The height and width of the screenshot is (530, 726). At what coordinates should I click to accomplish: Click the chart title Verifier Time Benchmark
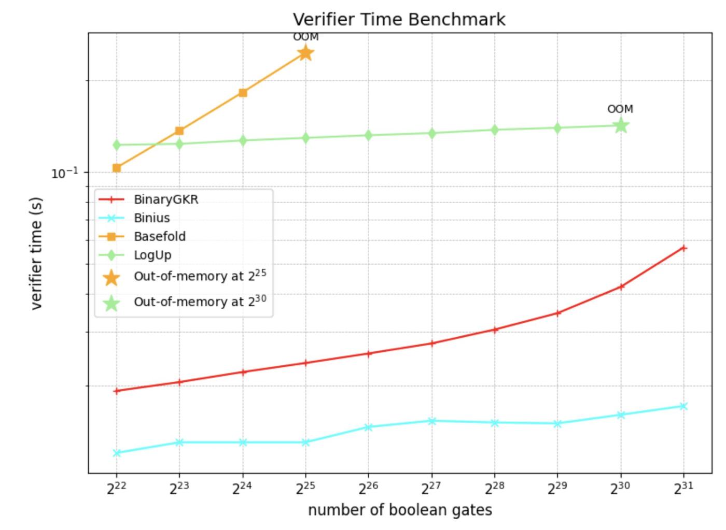click(x=399, y=19)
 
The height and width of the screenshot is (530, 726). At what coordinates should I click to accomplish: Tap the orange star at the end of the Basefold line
click(x=305, y=52)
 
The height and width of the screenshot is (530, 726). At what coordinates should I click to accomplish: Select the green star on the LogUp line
click(x=621, y=125)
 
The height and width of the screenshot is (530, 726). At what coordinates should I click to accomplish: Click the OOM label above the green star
click(x=620, y=109)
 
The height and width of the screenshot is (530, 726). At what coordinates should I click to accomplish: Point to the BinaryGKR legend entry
click(x=166, y=199)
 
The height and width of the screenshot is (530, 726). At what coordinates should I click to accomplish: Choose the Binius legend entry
click(x=151, y=218)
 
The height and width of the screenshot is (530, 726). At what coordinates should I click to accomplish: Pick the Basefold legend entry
click(x=159, y=237)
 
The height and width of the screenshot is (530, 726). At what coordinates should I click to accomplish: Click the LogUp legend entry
click(x=152, y=255)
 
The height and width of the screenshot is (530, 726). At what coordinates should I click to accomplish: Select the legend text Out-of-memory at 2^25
click(x=200, y=276)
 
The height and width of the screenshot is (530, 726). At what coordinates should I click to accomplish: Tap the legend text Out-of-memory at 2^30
click(x=200, y=301)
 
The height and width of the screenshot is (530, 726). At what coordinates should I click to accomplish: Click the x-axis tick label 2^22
click(x=116, y=488)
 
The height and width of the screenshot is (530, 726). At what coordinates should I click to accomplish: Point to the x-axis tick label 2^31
click(x=683, y=488)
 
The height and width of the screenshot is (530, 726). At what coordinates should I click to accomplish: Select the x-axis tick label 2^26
click(x=368, y=488)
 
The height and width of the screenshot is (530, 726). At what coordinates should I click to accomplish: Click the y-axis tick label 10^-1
click(x=64, y=173)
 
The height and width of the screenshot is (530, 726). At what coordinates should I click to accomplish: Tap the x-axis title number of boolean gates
click(x=400, y=510)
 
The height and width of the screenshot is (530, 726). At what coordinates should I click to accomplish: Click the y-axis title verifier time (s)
click(x=36, y=253)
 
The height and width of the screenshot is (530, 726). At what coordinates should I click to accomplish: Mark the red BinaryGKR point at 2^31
click(x=683, y=248)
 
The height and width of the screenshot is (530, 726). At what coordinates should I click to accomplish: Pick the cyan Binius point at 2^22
click(x=117, y=453)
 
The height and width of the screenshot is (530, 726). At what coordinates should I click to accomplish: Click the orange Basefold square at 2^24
click(x=243, y=93)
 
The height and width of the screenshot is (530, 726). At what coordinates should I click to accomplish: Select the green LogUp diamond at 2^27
click(x=431, y=133)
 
